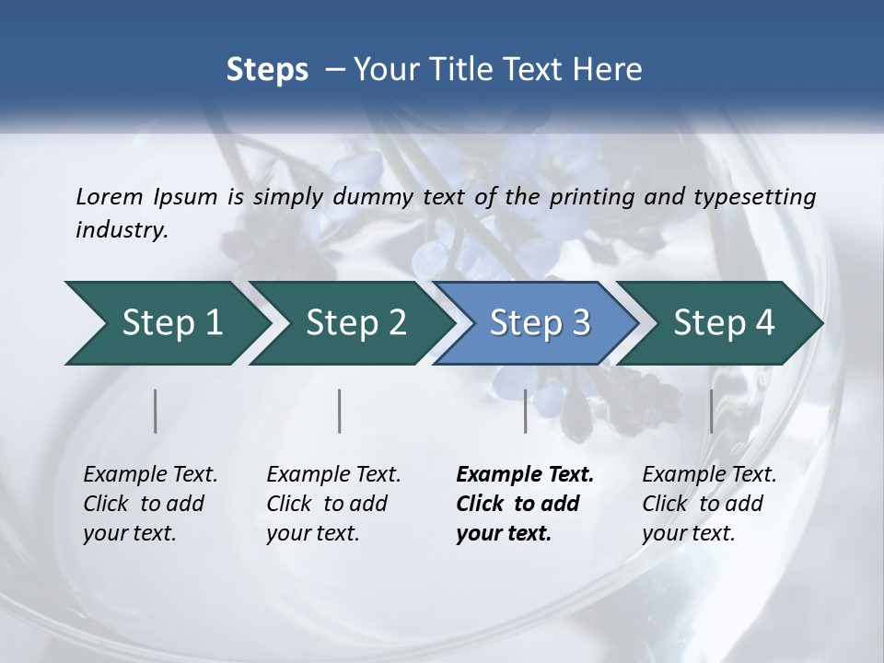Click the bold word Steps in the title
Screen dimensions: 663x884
(267, 70)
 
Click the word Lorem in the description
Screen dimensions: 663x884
(110, 196)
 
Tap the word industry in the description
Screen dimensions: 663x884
(122, 229)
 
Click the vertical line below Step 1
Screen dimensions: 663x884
(156, 411)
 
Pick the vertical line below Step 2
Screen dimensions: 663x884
(340, 411)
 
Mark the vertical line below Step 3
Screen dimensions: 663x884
(526, 411)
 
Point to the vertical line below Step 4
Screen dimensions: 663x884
(711, 411)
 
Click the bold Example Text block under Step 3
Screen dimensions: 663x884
(525, 504)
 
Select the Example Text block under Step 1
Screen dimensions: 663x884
(150, 504)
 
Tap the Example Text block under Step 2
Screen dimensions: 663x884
(333, 504)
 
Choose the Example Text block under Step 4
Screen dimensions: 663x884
(709, 504)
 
